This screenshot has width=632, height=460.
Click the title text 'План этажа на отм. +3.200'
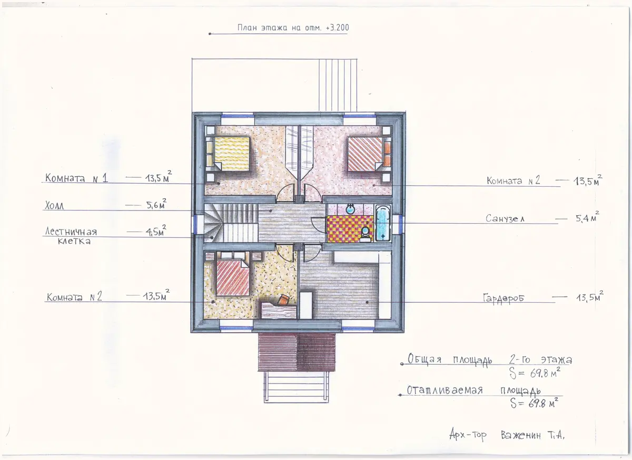293,27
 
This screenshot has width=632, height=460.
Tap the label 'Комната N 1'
76,178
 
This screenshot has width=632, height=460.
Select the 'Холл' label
54,205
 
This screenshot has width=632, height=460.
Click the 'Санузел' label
505,218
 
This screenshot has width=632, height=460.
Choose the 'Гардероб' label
503,298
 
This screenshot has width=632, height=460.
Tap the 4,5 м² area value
156,231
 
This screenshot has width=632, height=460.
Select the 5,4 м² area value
587,217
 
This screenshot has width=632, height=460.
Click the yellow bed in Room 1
232,154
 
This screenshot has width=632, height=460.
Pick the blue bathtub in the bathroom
383,223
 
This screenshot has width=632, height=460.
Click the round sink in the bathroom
351,209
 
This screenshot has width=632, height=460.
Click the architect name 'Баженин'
521,435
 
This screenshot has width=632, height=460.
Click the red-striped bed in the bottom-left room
233,278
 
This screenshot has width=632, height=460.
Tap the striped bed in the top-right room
365,154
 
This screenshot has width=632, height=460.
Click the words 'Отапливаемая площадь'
473,390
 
